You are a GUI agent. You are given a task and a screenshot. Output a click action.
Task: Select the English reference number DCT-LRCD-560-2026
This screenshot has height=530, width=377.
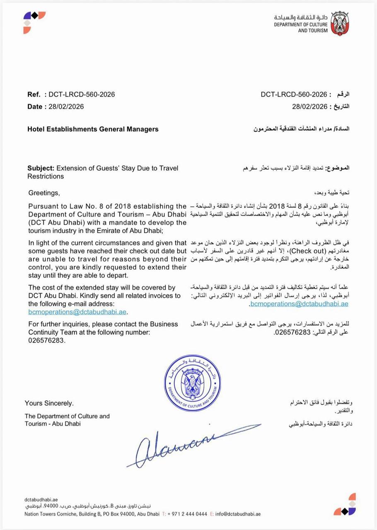(x=82, y=94)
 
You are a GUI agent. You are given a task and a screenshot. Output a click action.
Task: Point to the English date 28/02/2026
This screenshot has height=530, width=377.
(x=66, y=107)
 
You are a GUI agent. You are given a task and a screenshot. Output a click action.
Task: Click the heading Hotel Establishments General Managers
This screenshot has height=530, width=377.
(x=93, y=129)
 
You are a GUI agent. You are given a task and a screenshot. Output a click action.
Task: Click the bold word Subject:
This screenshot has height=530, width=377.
(x=41, y=168)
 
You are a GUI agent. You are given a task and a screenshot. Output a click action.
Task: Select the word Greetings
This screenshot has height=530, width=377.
(x=44, y=193)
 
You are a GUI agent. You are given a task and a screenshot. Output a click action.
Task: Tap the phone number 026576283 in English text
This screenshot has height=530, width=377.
(x=47, y=340)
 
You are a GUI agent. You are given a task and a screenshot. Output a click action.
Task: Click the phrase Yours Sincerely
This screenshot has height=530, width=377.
(x=49, y=403)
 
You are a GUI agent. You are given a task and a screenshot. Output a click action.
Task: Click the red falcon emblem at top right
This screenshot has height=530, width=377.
(x=340, y=23)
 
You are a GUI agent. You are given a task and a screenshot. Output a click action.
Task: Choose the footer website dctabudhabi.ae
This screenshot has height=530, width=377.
(x=41, y=500)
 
